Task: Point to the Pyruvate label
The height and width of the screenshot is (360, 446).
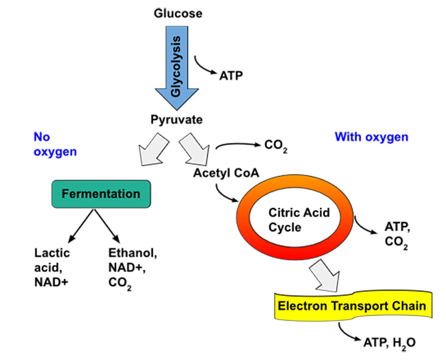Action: click(x=176, y=119)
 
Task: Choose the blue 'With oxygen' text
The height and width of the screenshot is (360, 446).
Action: click(x=372, y=137)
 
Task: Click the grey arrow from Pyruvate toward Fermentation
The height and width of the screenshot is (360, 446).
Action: click(x=152, y=150)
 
